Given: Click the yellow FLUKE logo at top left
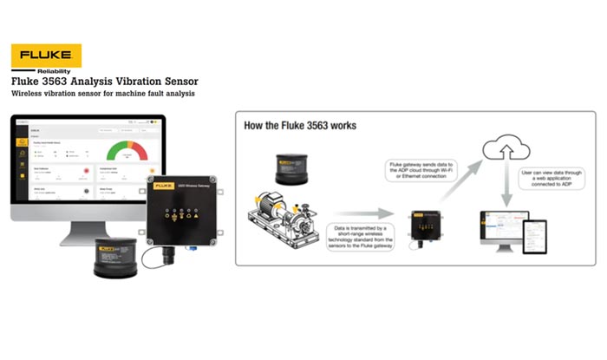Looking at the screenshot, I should (x=46, y=56).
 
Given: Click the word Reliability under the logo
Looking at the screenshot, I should (x=60, y=71).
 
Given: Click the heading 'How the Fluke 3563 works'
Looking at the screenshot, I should (x=299, y=125).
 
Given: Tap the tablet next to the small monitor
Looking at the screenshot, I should (x=534, y=233).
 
